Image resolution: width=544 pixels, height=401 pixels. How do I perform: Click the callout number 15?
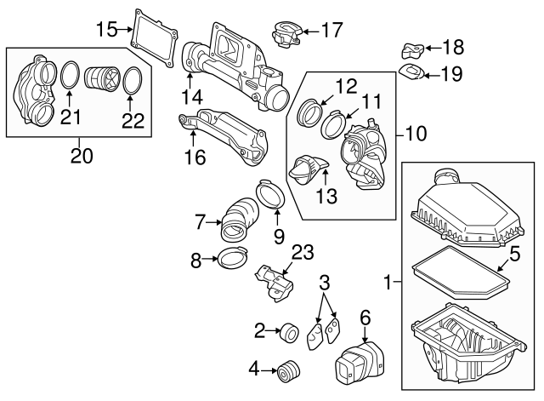(x=106, y=30)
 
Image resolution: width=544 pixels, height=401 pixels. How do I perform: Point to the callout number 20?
(x=81, y=156)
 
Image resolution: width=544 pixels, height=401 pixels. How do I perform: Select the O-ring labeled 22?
(x=132, y=81)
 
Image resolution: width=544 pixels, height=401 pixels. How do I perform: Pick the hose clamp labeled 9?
(x=270, y=195)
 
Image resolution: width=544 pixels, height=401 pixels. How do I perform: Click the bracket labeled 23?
(x=275, y=281)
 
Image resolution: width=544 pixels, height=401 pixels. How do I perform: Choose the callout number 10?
(x=416, y=134)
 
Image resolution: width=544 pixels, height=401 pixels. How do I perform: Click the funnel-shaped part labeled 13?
(x=309, y=169)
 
